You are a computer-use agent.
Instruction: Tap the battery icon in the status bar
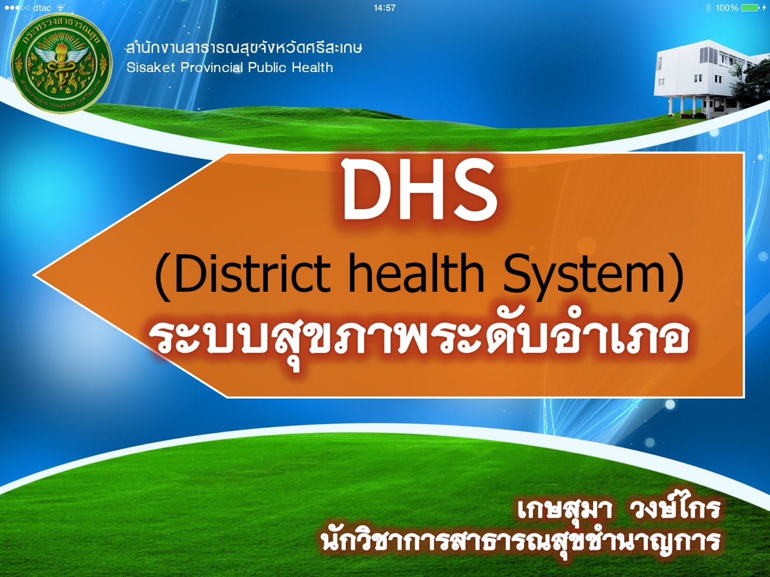750,8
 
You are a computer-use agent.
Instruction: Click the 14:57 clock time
385,8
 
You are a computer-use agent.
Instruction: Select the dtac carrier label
42,8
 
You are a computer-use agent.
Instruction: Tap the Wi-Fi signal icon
60,8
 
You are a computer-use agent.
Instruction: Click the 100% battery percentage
727,8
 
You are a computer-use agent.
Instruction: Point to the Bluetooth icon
708,8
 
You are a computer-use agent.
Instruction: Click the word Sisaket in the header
151,67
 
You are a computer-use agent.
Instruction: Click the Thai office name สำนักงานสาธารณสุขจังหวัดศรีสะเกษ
244,48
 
